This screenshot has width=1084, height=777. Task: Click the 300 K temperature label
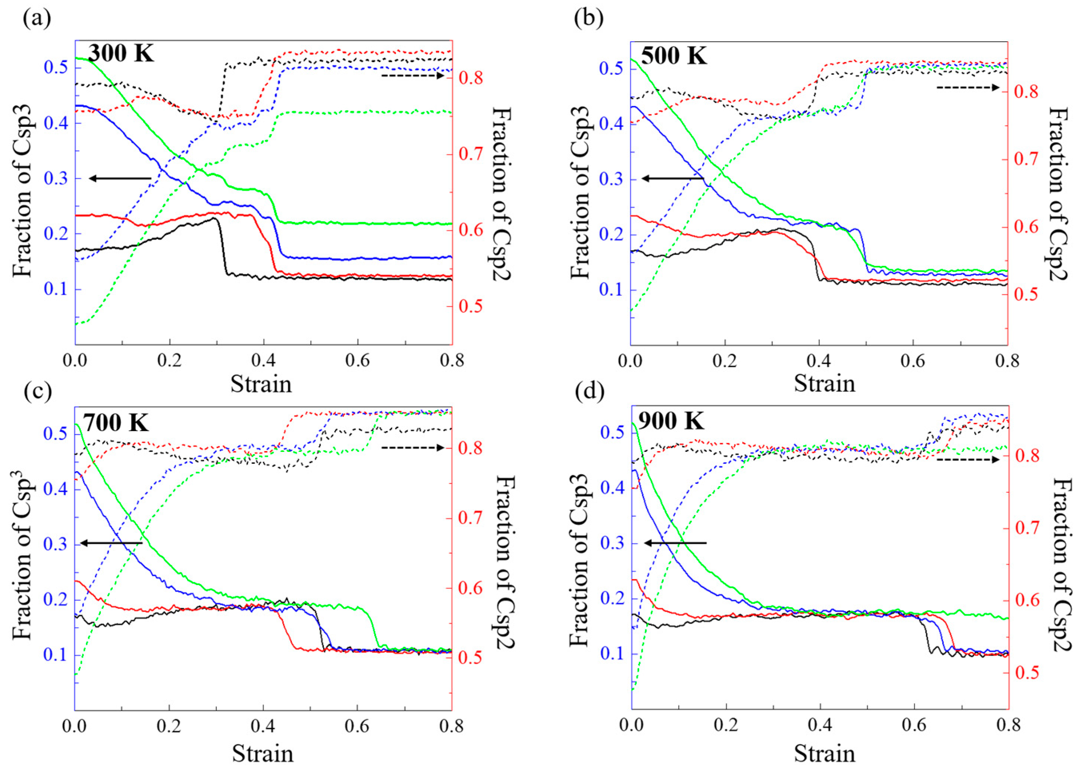(x=122, y=53)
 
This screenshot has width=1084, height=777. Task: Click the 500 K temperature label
(x=673, y=55)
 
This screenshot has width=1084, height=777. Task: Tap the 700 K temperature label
(x=116, y=423)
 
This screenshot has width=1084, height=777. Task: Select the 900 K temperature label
(x=671, y=421)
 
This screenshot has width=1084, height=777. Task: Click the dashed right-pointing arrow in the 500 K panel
(x=967, y=87)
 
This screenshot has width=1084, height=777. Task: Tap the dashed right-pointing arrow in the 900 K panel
(x=967, y=459)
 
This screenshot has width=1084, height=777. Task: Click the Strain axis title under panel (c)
(x=262, y=754)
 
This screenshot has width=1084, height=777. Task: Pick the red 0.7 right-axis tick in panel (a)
(x=471, y=154)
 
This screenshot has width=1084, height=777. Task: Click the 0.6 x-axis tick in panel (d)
(x=914, y=725)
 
